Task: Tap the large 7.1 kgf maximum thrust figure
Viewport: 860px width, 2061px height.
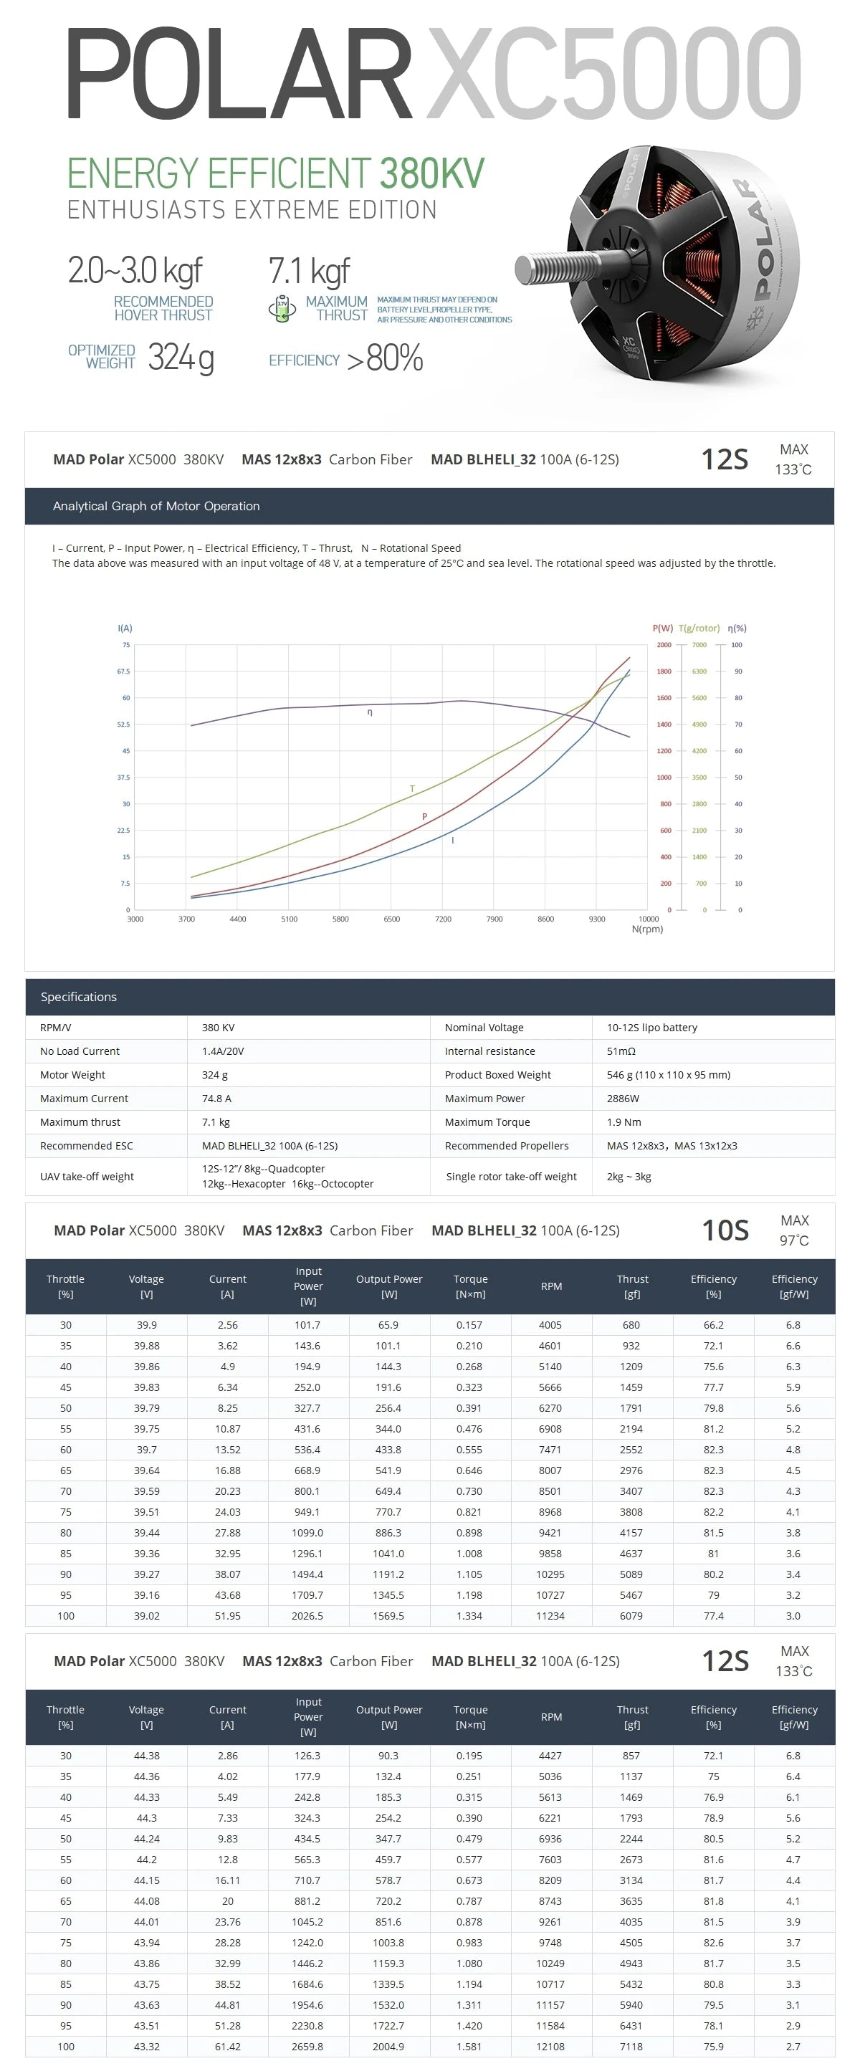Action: (x=309, y=271)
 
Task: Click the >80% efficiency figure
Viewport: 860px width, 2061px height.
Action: (x=385, y=358)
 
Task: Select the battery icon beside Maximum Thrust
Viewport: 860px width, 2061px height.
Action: (x=282, y=308)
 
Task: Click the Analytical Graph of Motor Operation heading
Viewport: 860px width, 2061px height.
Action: (x=156, y=506)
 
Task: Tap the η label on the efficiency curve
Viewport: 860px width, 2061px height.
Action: (x=370, y=712)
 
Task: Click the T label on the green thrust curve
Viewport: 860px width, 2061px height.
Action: (x=412, y=789)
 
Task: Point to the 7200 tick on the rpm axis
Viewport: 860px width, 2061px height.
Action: (x=442, y=919)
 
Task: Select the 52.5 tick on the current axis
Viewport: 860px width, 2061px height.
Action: (x=123, y=724)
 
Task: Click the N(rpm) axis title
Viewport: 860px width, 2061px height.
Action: (x=647, y=929)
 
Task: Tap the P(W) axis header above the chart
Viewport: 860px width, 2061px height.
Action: (x=662, y=628)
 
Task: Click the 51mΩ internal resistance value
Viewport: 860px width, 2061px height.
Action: (x=621, y=1051)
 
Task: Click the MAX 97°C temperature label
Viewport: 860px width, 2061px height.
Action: (x=793, y=1230)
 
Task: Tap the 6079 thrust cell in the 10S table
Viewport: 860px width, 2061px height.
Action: (x=631, y=1615)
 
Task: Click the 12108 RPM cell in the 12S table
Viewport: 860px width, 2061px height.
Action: (x=550, y=2046)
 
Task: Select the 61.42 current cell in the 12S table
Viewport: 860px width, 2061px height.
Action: (x=227, y=2046)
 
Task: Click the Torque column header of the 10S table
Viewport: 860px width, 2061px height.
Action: (x=470, y=1286)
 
